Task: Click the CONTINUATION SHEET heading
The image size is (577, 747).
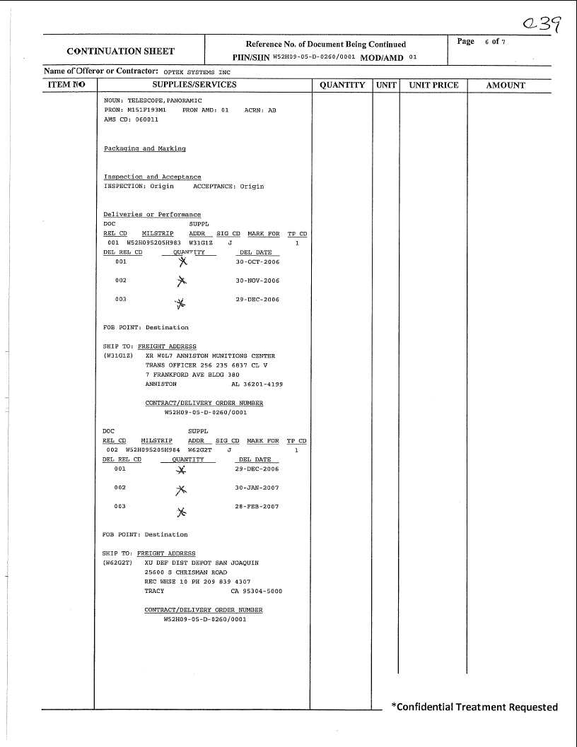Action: tap(120, 51)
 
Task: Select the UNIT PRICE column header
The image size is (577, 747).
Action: tap(433, 85)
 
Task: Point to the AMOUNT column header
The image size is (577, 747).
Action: tap(506, 85)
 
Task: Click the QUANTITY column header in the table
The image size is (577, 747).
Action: tap(342, 85)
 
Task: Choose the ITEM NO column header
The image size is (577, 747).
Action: tap(66, 85)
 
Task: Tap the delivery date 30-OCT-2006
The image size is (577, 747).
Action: tap(257, 262)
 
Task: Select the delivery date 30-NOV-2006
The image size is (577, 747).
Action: tap(257, 281)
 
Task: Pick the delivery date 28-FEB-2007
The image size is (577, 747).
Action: tap(257, 507)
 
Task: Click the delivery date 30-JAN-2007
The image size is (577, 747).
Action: tap(257, 488)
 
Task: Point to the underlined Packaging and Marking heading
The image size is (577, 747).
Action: tap(144, 149)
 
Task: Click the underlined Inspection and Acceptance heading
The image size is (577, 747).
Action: tap(152, 177)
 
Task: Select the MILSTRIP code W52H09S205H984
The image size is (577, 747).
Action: tap(153, 449)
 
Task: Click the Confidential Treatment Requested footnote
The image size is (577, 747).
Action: tap(474, 707)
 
